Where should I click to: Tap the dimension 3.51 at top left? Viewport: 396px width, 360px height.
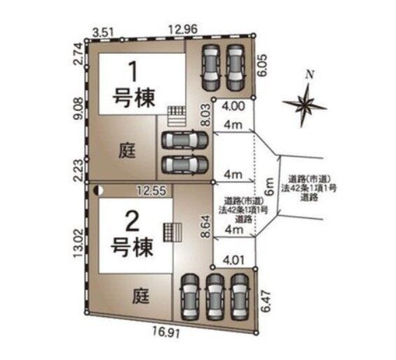tap(103, 30)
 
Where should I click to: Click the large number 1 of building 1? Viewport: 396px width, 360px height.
tap(130, 72)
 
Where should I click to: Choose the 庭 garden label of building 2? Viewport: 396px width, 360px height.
tap(142, 297)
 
